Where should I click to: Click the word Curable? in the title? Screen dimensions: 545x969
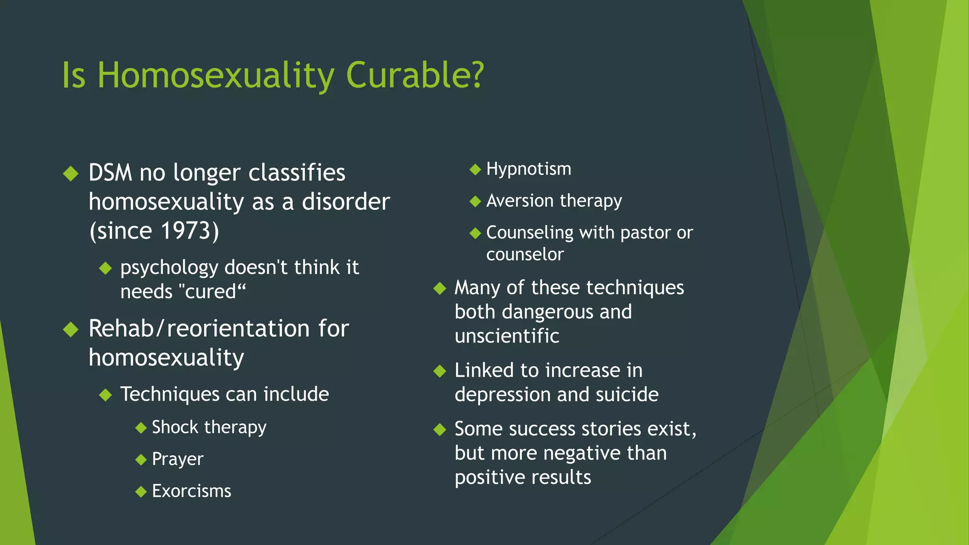pyautogui.click(x=415, y=76)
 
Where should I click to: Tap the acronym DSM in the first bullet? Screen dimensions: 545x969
pyautogui.click(x=110, y=173)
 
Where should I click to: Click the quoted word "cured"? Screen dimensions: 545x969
pyautogui.click(x=213, y=291)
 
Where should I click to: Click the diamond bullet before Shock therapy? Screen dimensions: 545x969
pyautogui.click(x=141, y=428)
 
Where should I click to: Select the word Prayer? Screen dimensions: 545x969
pyautogui.click(x=177, y=459)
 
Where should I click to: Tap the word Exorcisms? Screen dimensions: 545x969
pyautogui.click(x=191, y=491)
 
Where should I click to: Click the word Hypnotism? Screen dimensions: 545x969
pyautogui.click(x=529, y=169)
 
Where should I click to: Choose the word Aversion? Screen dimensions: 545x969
pyautogui.click(x=520, y=201)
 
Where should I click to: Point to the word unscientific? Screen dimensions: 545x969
pyautogui.click(x=507, y=336)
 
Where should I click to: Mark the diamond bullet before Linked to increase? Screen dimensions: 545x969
pyautogui.click(x=440, y=371)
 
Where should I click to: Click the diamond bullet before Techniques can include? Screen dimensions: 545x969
pyautogui.click(x=106, y=395)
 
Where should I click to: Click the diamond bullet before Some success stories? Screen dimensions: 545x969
pyautogui.click(x=440, y=429)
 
